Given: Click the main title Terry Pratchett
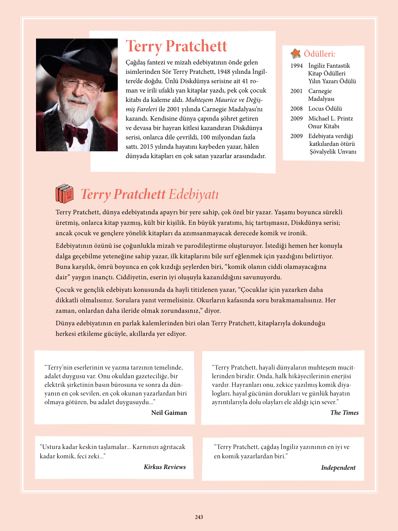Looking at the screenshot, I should tap(176, 46).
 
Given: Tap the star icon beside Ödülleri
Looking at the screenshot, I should tap(296, 54).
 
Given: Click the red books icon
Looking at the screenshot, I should tap(64, 194).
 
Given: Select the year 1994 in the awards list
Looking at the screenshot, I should tap(296, 66).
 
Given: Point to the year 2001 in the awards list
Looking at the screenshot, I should tap(296, 91).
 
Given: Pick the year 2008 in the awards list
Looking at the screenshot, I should tap(296, 108).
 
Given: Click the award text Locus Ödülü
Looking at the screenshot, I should tap(325, 108).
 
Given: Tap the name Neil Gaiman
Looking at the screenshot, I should tap(169, 413).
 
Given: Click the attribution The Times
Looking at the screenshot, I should tap(344, 413).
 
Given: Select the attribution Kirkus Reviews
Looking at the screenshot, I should tap(165, 467).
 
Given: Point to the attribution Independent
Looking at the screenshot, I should tap(338, 468).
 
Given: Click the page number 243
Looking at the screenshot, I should tap(199, 517).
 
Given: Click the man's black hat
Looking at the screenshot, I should tap(72, 58).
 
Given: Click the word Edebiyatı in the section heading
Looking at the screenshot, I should tap(193, 194).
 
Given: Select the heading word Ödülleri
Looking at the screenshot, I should tap(319, 54).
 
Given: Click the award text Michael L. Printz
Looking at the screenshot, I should tap(330, 119).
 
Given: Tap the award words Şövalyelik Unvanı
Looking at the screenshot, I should tap(333, 152).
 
